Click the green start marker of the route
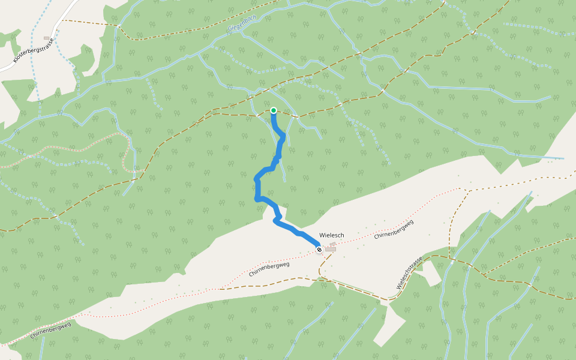tap(274, 110)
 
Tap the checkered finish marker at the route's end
tap(319, 250)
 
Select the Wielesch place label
tap(332, 235)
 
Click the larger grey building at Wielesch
tap(331, 249)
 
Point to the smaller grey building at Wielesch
tap(333, 243)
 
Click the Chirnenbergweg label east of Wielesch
tap(394, 229)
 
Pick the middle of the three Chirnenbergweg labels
tap(273, 269)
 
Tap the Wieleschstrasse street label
tap(410, 273)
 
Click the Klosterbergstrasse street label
tap(33, 50)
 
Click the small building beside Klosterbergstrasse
tap(47, 38)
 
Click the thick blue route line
tap(257, 186)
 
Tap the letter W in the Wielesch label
tap(322, 235)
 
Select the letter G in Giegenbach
tap(230, 29)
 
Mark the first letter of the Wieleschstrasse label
tap(399, 287)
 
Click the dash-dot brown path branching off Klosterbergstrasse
tap(90, 22)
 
